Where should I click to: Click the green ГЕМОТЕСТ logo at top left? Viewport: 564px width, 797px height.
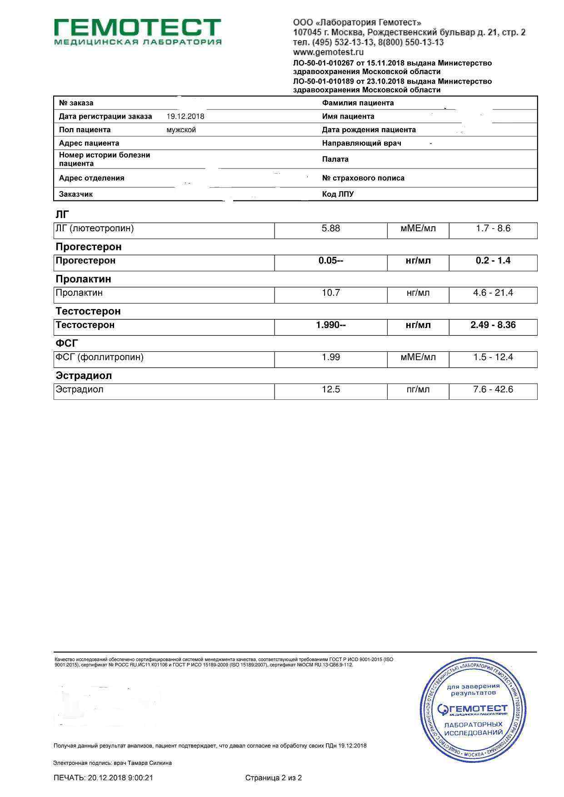[138, 31]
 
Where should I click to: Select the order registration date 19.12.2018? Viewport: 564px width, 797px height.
[185, 116]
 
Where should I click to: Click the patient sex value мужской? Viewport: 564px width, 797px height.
[181, 130]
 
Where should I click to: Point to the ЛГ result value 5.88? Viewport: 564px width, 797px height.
[331, 229]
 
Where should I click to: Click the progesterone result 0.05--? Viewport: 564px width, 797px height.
[331, 261]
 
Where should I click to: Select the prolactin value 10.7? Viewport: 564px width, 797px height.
[331, 293]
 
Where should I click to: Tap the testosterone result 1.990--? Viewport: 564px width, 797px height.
[331, 325]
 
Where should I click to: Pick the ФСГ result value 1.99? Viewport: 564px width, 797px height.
[331, 358]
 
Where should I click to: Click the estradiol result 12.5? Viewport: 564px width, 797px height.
[331, 390]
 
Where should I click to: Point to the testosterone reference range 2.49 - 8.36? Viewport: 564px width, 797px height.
[493, 325]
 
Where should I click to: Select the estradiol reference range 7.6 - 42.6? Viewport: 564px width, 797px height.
[493, 390]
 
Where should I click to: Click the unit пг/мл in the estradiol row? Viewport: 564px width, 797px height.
[418, 390]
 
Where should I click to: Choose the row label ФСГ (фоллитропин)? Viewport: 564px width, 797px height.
[100, 358]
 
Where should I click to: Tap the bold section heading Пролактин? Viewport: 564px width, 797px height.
[83, 279]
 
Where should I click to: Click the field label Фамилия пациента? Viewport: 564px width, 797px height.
[358, 103]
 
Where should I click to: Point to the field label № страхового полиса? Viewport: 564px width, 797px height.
[363, 178]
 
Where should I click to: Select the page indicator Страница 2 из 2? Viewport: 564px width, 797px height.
[274, 778]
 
